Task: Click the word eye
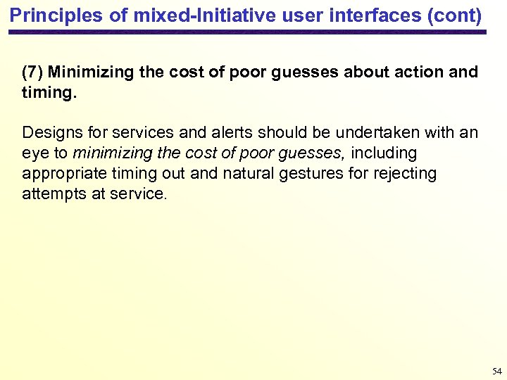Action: click(x=35, y=153)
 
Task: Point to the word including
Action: click(x=384, y=153)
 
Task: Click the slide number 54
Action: click(x=496, y=370)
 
